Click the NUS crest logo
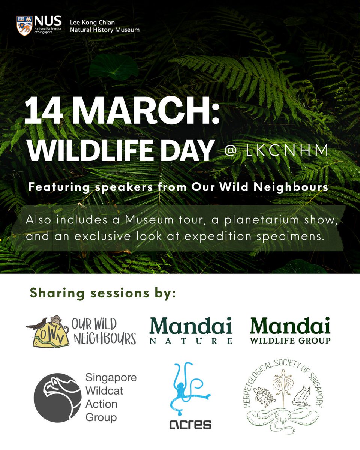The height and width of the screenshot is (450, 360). coord(24,26)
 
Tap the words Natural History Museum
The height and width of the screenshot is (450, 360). coord(105,30)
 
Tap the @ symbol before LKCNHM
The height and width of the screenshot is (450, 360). coord(230,151)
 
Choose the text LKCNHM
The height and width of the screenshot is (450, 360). coord(287,151)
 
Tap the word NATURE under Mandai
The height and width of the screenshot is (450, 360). coord(191,341)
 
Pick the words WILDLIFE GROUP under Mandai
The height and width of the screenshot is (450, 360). coord(290,340)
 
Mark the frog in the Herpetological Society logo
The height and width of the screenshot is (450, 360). coord(302,396)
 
